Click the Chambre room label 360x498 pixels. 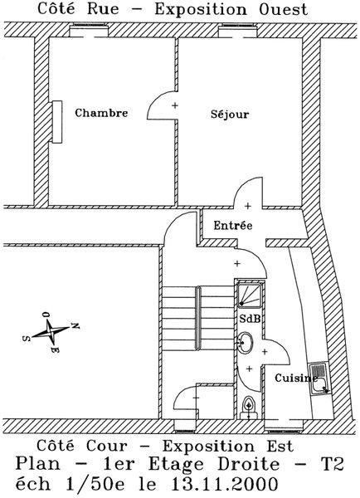click(101, 113)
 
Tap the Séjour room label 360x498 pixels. click(230, 115)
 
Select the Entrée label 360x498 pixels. click(233, 226)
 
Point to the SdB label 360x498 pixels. click(250, 319)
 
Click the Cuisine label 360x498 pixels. click(296, 378)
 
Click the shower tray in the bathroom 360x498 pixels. click(250, 295)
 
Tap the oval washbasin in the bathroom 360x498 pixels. click(246, 342)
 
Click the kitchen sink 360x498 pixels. click(319, 378)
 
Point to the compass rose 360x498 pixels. click(51, 332)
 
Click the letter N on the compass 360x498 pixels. click(75, 326)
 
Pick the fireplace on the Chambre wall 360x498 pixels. click(57, 122)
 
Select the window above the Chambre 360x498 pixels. click(89, 31)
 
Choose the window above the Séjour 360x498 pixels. click(237, 31)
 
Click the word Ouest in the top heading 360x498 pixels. click(284, 9)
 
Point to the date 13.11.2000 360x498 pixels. click(225, 485)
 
